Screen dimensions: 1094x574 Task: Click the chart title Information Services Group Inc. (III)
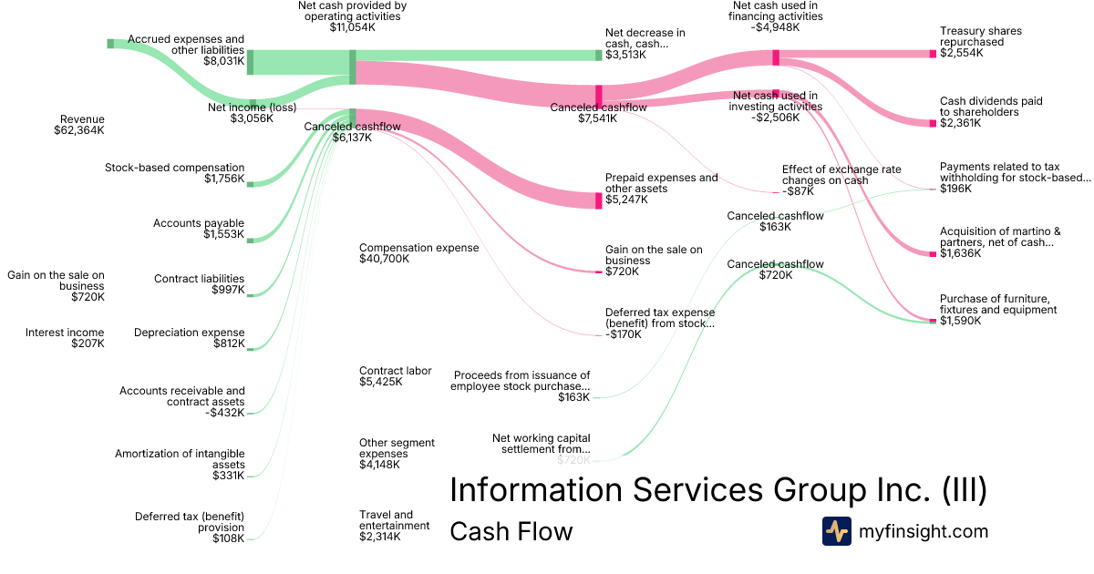click(x=718, y=490)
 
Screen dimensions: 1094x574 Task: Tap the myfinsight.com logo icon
click(x=836, y=531)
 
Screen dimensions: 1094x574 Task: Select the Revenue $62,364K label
click(x=79, y=125)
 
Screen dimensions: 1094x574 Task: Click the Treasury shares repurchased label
click(x=981, y=36)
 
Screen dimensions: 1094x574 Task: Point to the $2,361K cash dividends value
click(x=961, y=123)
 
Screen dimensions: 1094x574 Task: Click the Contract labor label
click(x=395, y=371)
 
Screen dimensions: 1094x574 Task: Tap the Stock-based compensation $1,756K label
click(x=174, y=174)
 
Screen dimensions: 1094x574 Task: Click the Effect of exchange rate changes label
click(x=841, y=175)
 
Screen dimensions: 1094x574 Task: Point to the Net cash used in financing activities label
click(x=778, y=16)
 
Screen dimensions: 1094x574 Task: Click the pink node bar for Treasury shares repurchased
click(x=933, y=54)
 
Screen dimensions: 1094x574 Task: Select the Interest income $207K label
click(x=65, y=338)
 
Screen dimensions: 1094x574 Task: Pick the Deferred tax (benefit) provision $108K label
click(x=190, y=527)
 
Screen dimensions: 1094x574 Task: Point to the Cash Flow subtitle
click(x=511, y=532)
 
